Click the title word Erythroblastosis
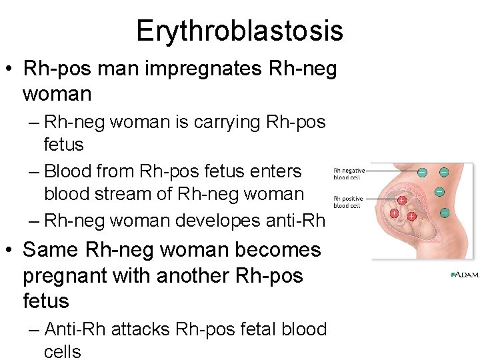(x=239, y=31)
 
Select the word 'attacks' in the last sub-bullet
(x=140, y=329)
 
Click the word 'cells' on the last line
(x=62, y=351)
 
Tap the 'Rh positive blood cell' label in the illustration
(x=349, y=201)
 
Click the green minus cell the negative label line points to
(x=422, y=172)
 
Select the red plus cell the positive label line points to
(x=402, y=199)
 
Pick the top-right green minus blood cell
(x=443, y=172)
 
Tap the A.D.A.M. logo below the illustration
(x=465, y=274)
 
